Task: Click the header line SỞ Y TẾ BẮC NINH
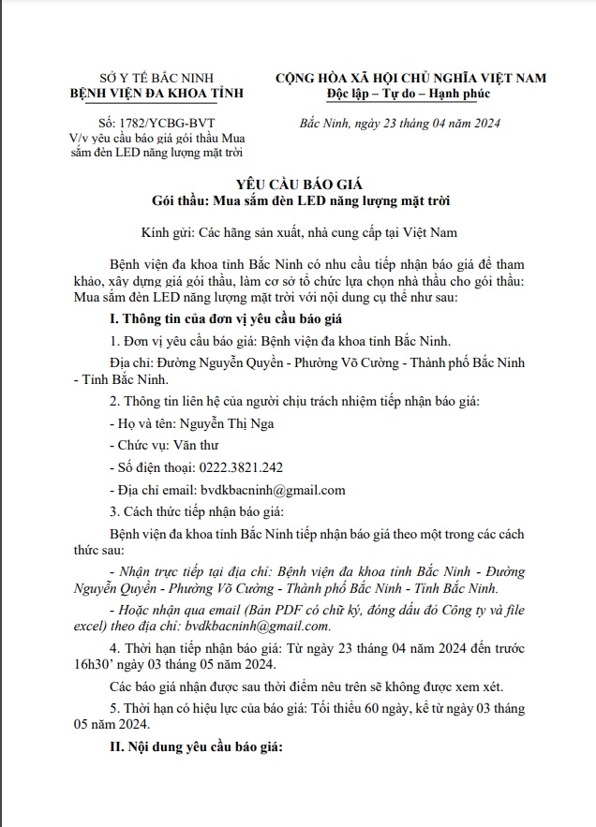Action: [x=156, y=78]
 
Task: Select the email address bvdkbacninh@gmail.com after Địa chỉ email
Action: [x=273, y=490]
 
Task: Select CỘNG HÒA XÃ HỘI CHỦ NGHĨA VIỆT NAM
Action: [x=410, y=78]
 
